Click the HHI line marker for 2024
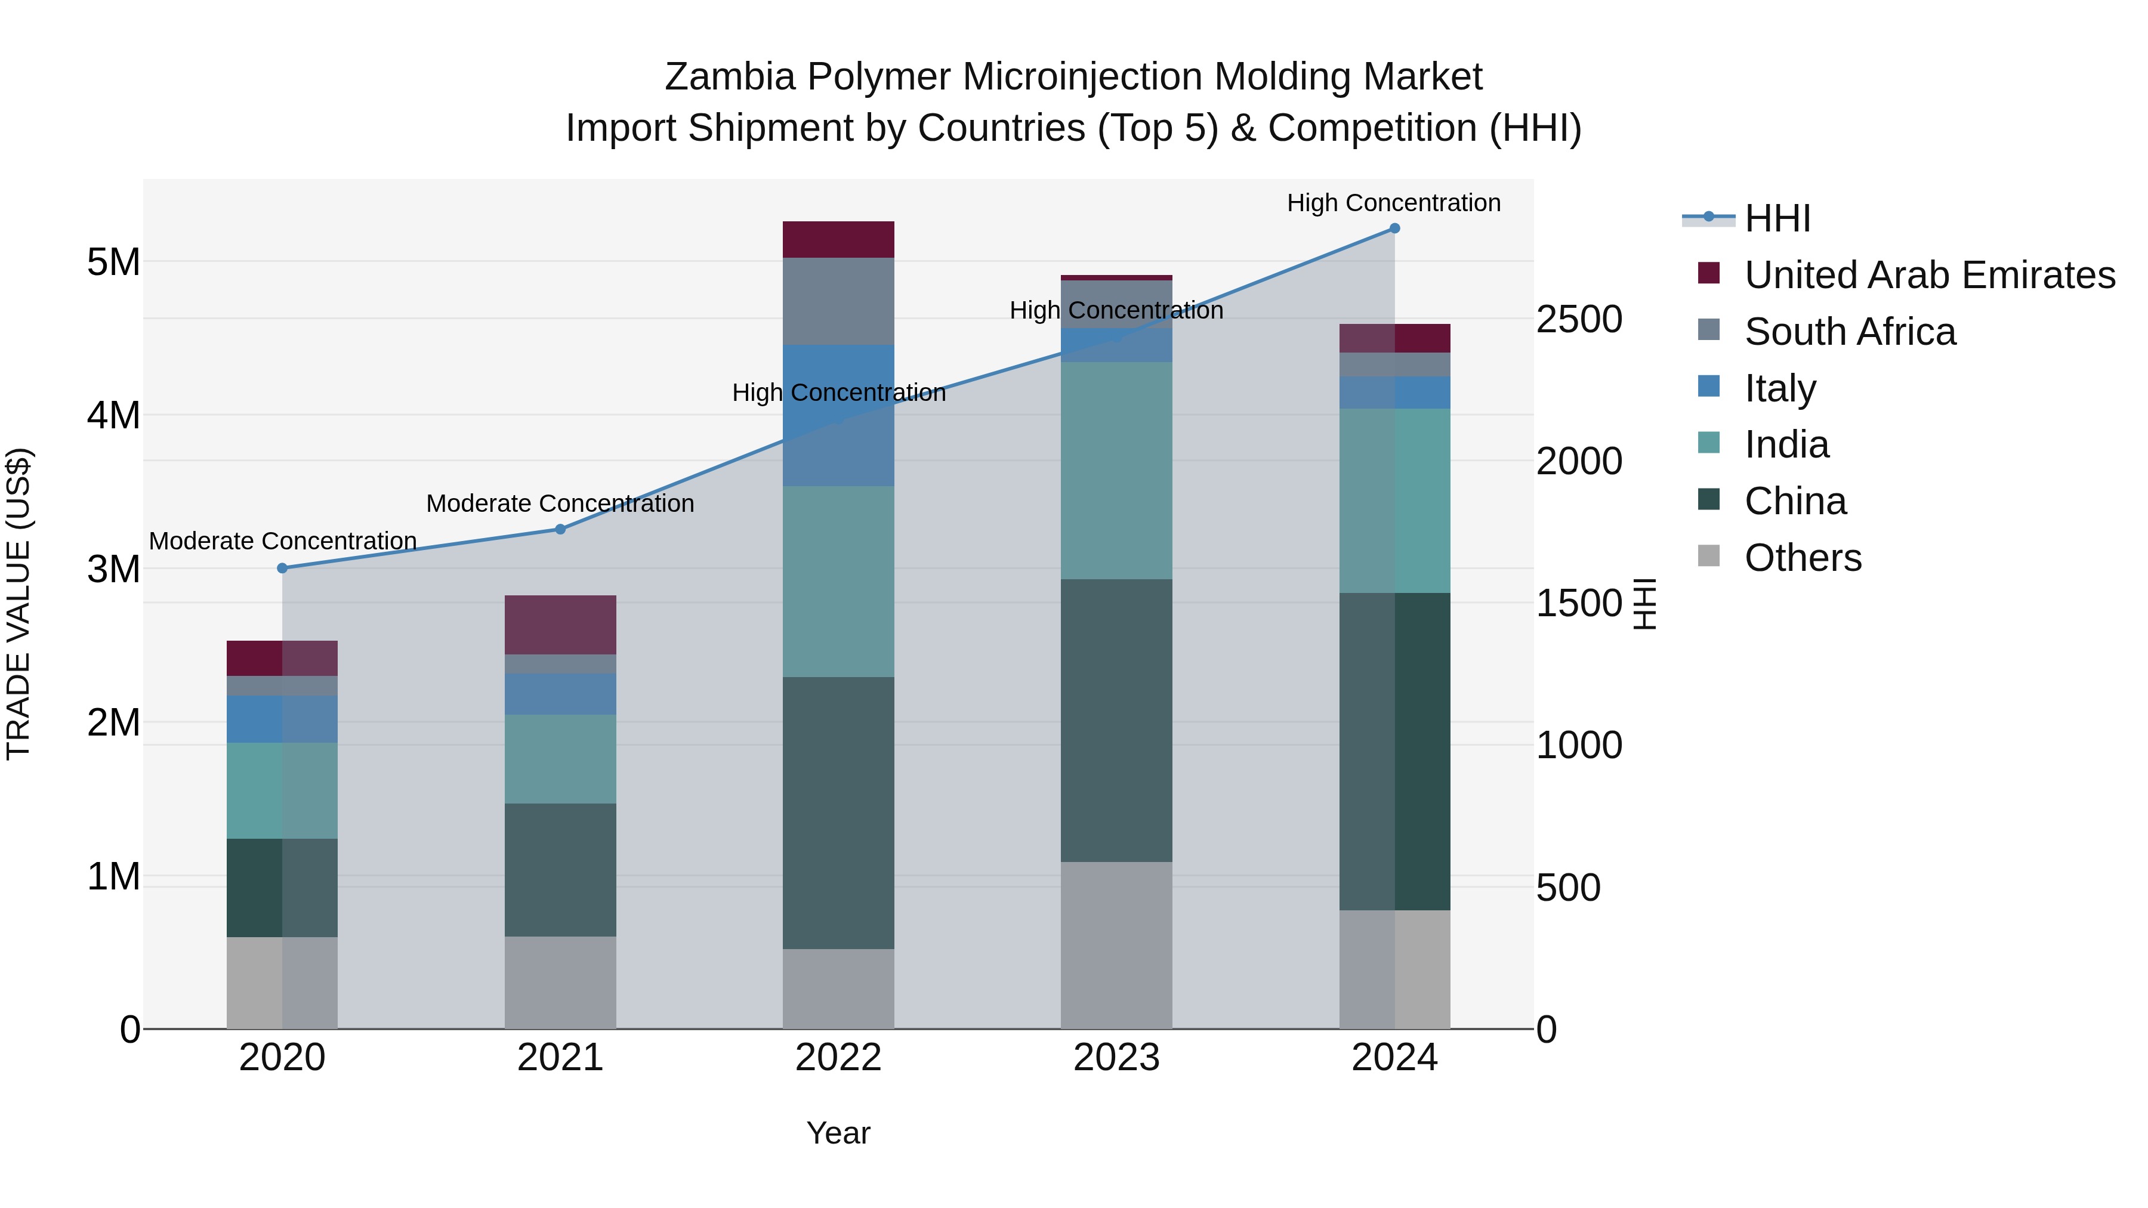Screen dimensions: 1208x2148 pyautogui.click(x=1394, y=228)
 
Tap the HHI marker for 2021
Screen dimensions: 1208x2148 pyautogui.click(x=560, y=529)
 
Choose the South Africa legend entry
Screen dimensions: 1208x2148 pyautogui.click(x=1850, y=332)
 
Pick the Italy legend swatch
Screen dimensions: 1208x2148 pyautogui.click(x=1709, y=387)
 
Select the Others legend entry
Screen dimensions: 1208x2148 pyautogui.click(x=1802, y=558)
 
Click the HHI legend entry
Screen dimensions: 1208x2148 pyautogui.click(x=1776, y=218)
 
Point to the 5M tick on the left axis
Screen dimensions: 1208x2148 pyautogui.click(x=113, y=262)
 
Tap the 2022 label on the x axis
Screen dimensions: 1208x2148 pyautogui.click(x=838, y=1058)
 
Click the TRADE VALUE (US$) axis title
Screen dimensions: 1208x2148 pyautogui.click(x=19, y=604)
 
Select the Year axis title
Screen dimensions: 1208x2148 pyautogui.click(x=838, y=1133)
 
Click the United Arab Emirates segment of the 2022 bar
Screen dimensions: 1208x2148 pyautogui.click(x=838, y=239)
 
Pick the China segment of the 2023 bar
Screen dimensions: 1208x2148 pyautogui.click(x=1116, y=720)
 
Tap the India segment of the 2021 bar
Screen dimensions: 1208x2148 pyautogui.click(x=560, y=759)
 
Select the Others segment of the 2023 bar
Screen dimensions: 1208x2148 pyautogui.click(x=1116, y=944)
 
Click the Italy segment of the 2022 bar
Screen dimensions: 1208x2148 pyautogui.click(x=838, y=415)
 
